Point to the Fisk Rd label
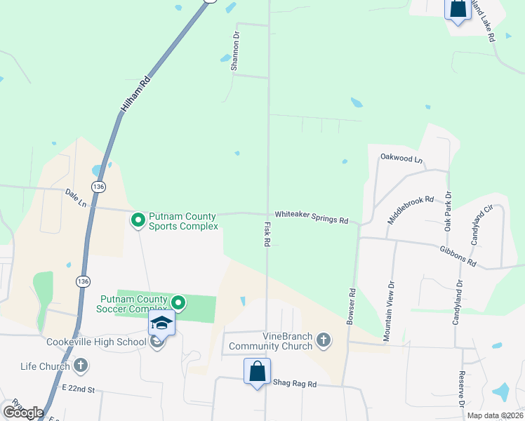click(x=267, y=234)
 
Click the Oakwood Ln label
click(x=401, y=159)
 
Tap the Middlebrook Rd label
click(x=411, y=210)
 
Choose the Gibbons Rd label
click(x=458, y=256)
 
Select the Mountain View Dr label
click(x=389, y=311)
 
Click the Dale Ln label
click(x=75, y=197)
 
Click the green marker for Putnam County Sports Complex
click(x=138, y=220)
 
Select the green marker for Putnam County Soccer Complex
click(x=178, y=303)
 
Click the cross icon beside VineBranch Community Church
click(x=323, y=340)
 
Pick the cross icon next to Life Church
click(x=80, y=366)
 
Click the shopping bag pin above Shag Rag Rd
click(x=257, y=370)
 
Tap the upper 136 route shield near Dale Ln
click(x=98, y=186)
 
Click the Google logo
click(x=23, y=413)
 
